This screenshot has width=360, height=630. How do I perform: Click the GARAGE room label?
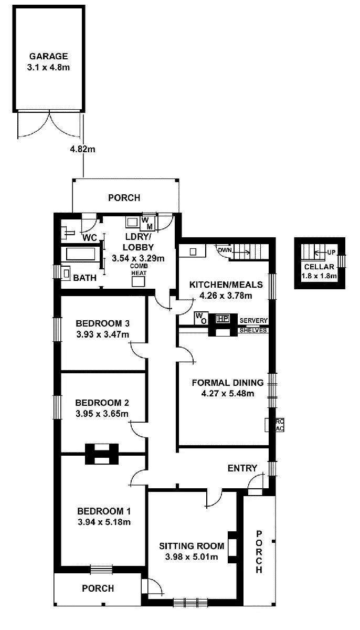48,56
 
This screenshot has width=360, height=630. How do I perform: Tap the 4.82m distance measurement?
83,149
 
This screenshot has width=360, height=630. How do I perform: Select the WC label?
90,237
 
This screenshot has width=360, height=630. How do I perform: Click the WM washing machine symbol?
147,223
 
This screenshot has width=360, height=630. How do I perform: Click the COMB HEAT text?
138,269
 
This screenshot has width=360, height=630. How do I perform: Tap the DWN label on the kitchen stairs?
225,250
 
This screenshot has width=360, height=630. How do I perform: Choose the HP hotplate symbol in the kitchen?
223,318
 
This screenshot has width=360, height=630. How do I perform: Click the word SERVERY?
253,320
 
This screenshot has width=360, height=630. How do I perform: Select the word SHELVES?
253,330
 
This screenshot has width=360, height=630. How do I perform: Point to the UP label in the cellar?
331,252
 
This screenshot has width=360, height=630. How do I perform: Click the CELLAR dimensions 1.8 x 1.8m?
320,275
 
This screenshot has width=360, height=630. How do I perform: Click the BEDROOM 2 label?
102,403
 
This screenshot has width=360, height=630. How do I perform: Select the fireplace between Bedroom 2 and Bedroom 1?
102,454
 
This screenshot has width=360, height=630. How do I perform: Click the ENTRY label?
242,468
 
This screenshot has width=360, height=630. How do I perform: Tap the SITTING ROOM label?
192,546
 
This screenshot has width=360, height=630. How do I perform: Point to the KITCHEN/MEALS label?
226,285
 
